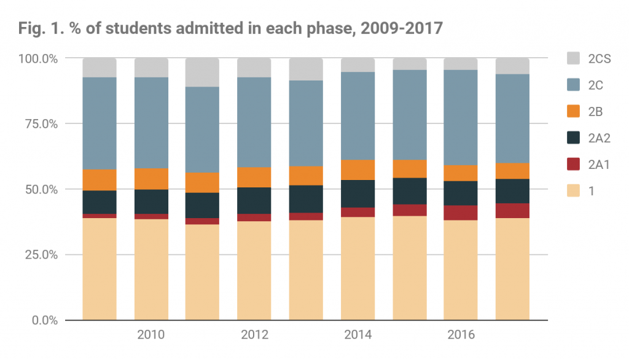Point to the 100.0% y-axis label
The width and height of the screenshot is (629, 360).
click(x=39, y=59)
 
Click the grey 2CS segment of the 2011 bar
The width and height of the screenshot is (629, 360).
click(x=203, y=72)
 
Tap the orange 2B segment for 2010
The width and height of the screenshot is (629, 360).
click(x=151, y=179)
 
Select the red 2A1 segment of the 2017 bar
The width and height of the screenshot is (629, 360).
click(x=512, y=211)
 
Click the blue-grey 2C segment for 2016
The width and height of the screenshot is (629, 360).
click(x=461, y=117)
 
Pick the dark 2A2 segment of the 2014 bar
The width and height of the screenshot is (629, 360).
click(x=357, y=194)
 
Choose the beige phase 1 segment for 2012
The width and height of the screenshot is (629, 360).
click(x=254, y=270)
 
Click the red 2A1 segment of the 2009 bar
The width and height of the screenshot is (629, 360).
click(x=100, y=216)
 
